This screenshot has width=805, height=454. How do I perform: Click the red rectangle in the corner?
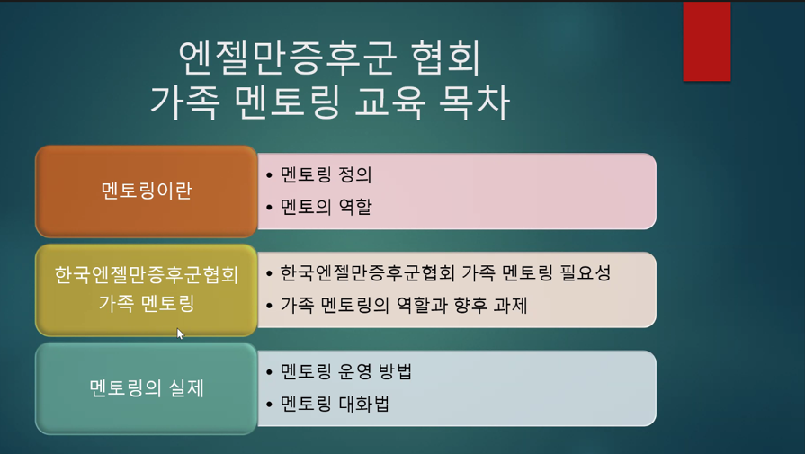[x=706, y=41]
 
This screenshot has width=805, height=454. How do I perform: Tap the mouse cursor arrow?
[x=180, y=334]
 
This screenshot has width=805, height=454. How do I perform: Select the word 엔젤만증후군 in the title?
[x=288, y=58]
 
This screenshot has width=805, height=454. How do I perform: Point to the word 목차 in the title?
[x=474, y=102]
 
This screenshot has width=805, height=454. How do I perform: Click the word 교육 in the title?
[x=389, y=102]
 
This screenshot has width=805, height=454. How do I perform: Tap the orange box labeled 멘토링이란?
[x=147, y=191]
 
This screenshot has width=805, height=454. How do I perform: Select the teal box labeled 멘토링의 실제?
[x=147, y=388]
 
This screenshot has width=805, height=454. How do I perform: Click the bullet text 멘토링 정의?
[x=326, y=175]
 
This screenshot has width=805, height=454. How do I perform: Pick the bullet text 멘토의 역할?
[x=326, y=208]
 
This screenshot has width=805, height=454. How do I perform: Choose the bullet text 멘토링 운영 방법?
[x=346, y=371]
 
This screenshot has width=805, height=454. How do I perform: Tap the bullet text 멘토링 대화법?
[x=335, y=405]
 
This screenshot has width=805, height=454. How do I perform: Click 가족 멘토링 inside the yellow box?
[x=147, y=303]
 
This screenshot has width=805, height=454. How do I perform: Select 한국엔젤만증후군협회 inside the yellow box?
[x=147, y=275]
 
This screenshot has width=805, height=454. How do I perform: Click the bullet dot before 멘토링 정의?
[x=270, y=176]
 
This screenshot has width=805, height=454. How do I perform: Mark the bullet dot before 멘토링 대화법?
[x=270, y=405]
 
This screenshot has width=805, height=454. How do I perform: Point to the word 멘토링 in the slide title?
[x=288, y=102]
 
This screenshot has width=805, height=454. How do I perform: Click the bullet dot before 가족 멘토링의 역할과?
[x=270, y=307]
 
